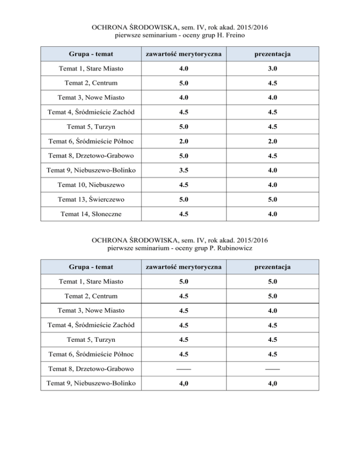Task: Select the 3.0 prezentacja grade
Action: point(272,68)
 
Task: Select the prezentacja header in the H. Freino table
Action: point(272,54)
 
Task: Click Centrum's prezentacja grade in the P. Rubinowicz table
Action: point(272,296)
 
